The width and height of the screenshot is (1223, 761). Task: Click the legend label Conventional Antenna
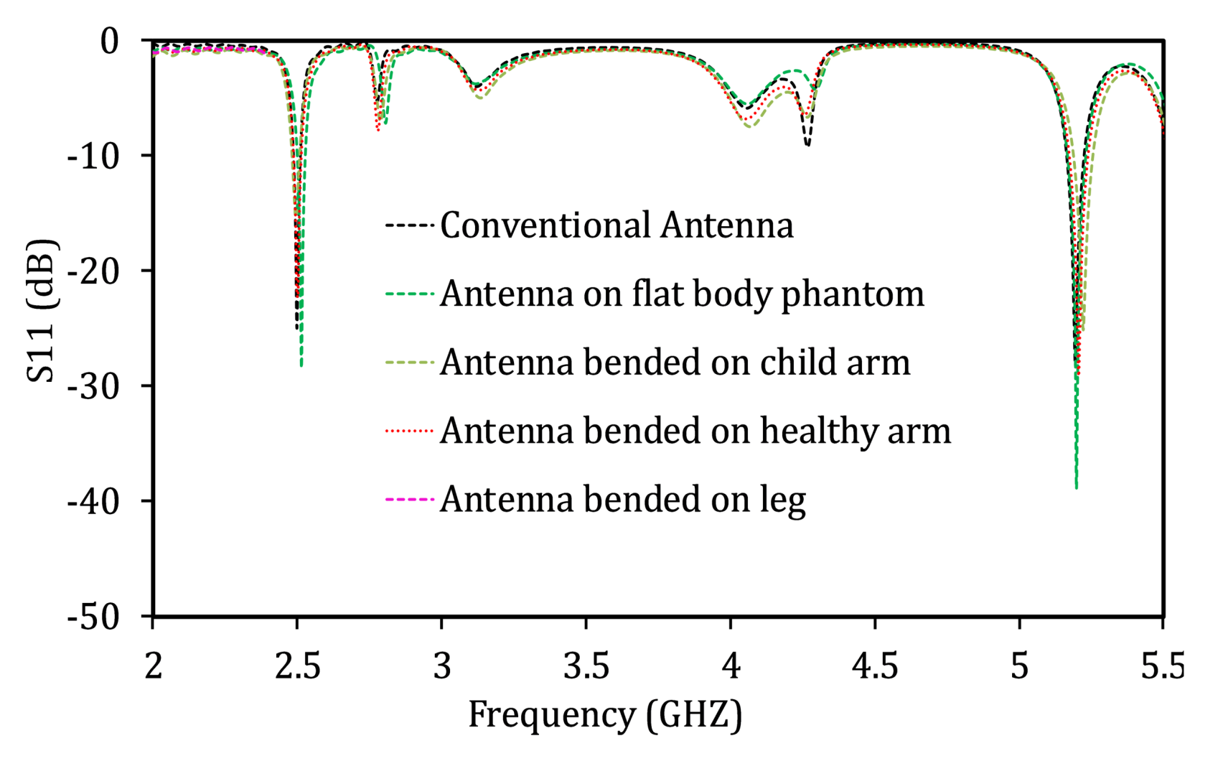[x=617, y=225]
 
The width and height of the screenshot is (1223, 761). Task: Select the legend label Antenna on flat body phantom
[x=682, y=294]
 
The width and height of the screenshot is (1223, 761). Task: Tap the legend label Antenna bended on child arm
[x=675, y=363]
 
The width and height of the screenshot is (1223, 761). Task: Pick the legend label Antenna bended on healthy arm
[x=695, y=431]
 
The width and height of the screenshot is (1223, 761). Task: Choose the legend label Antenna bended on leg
[x=622, y=500]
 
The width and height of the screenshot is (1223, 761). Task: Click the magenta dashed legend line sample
[x=410, y=499]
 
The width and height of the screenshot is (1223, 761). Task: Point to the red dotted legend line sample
[x=410, y=431]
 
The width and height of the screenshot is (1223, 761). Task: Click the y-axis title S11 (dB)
[x=41, y=312]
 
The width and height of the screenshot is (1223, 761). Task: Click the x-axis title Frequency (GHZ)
[x=605, y=715]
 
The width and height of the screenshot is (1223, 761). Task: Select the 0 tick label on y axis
[x=109, y=42]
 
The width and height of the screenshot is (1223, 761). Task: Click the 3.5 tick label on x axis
[x=586, y=666]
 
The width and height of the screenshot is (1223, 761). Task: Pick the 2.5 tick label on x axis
[x=297, y=666]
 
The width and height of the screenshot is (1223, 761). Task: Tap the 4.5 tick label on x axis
[x=874, y=666]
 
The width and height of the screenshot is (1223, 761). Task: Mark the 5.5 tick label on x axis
[x=1163, y=666]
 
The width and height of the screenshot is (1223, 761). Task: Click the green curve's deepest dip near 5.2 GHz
[x=1076, y=487]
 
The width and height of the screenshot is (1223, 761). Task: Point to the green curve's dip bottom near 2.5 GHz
[x=301, y=365]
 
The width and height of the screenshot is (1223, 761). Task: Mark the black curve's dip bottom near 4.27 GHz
[x=807, y=145]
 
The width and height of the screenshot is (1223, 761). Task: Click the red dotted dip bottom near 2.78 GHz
[x=378, y=130]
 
